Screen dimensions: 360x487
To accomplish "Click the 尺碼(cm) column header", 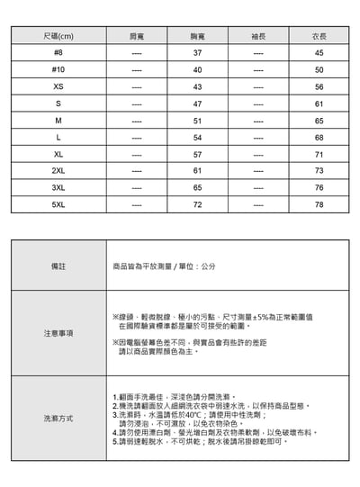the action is coord(58,36).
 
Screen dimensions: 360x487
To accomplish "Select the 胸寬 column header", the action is coord(197,36).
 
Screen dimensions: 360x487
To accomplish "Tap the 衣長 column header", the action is coord(319,36).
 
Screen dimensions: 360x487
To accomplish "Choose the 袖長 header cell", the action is coord(258,36).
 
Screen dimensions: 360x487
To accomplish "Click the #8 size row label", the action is coord(58,53).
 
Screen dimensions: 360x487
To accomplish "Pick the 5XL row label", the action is coord(58,205).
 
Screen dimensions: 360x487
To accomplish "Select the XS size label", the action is coord(58,87).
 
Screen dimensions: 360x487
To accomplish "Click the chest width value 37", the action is coord(197,53).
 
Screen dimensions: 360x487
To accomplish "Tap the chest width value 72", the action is coord(197,205).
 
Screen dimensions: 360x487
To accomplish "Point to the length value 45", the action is coord(319,53).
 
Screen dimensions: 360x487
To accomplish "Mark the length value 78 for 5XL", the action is coord(319,205).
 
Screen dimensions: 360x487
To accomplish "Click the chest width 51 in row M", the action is coord(197,121).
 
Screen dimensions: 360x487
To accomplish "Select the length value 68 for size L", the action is coord(319,138).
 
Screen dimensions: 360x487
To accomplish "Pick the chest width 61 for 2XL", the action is coord(197,171).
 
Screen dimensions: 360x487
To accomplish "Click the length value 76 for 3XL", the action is coord(319,188).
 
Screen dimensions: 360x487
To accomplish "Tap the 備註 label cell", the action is coord(58,267).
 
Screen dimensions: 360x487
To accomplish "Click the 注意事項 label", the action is coord(58,333).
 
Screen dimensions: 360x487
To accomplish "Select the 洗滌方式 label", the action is coord(58,419).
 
